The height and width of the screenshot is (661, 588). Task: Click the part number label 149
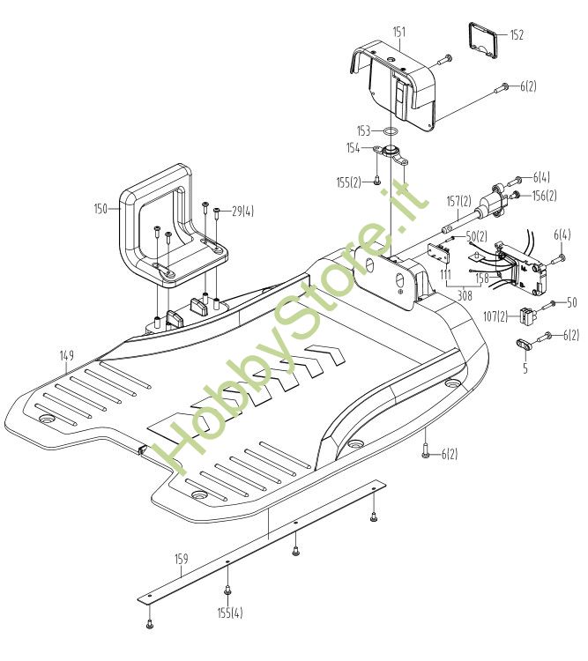coord(67,355)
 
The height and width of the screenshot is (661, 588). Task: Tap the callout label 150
coord(100,209)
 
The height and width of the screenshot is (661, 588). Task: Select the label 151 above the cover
coord(399,33)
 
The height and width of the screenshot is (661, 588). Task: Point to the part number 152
coord(517,35)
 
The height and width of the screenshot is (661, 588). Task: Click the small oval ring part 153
coord(387,130)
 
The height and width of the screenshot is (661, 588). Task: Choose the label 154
coord(354,148)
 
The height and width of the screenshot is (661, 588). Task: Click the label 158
coord(482,277)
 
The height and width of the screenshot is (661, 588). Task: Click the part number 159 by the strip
coord(181,559)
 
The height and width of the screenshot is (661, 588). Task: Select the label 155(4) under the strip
coord(231,611)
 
